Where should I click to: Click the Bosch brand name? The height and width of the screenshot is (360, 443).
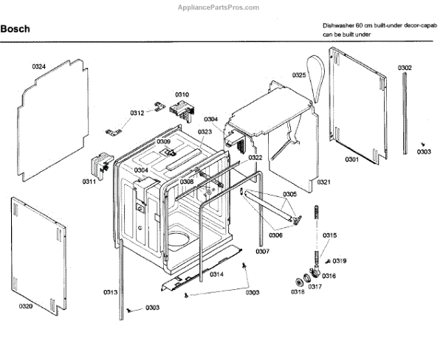coord(14,30)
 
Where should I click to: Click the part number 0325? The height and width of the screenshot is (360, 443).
coord(299,75)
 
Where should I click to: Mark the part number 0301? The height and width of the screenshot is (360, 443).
coord(351,159)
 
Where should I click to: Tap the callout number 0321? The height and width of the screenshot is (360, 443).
coord(323,181)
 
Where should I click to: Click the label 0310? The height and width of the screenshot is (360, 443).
coord(182,94)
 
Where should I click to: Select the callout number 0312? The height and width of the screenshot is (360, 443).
coord(137,113)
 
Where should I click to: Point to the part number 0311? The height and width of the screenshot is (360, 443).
coord(89,181)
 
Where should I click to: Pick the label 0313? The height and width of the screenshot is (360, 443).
coord(110,292)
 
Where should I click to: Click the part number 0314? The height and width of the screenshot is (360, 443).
coord(217,274)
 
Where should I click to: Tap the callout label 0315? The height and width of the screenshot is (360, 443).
coord(329,235)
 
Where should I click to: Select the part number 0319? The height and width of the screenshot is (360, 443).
coord(340,261)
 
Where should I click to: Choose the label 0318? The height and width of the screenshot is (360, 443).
coord(297,292)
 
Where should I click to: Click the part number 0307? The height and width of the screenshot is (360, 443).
coord(315,287)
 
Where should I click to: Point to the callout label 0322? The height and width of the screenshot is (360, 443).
coord(255,158)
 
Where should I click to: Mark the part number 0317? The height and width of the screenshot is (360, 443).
coord(315,287)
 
